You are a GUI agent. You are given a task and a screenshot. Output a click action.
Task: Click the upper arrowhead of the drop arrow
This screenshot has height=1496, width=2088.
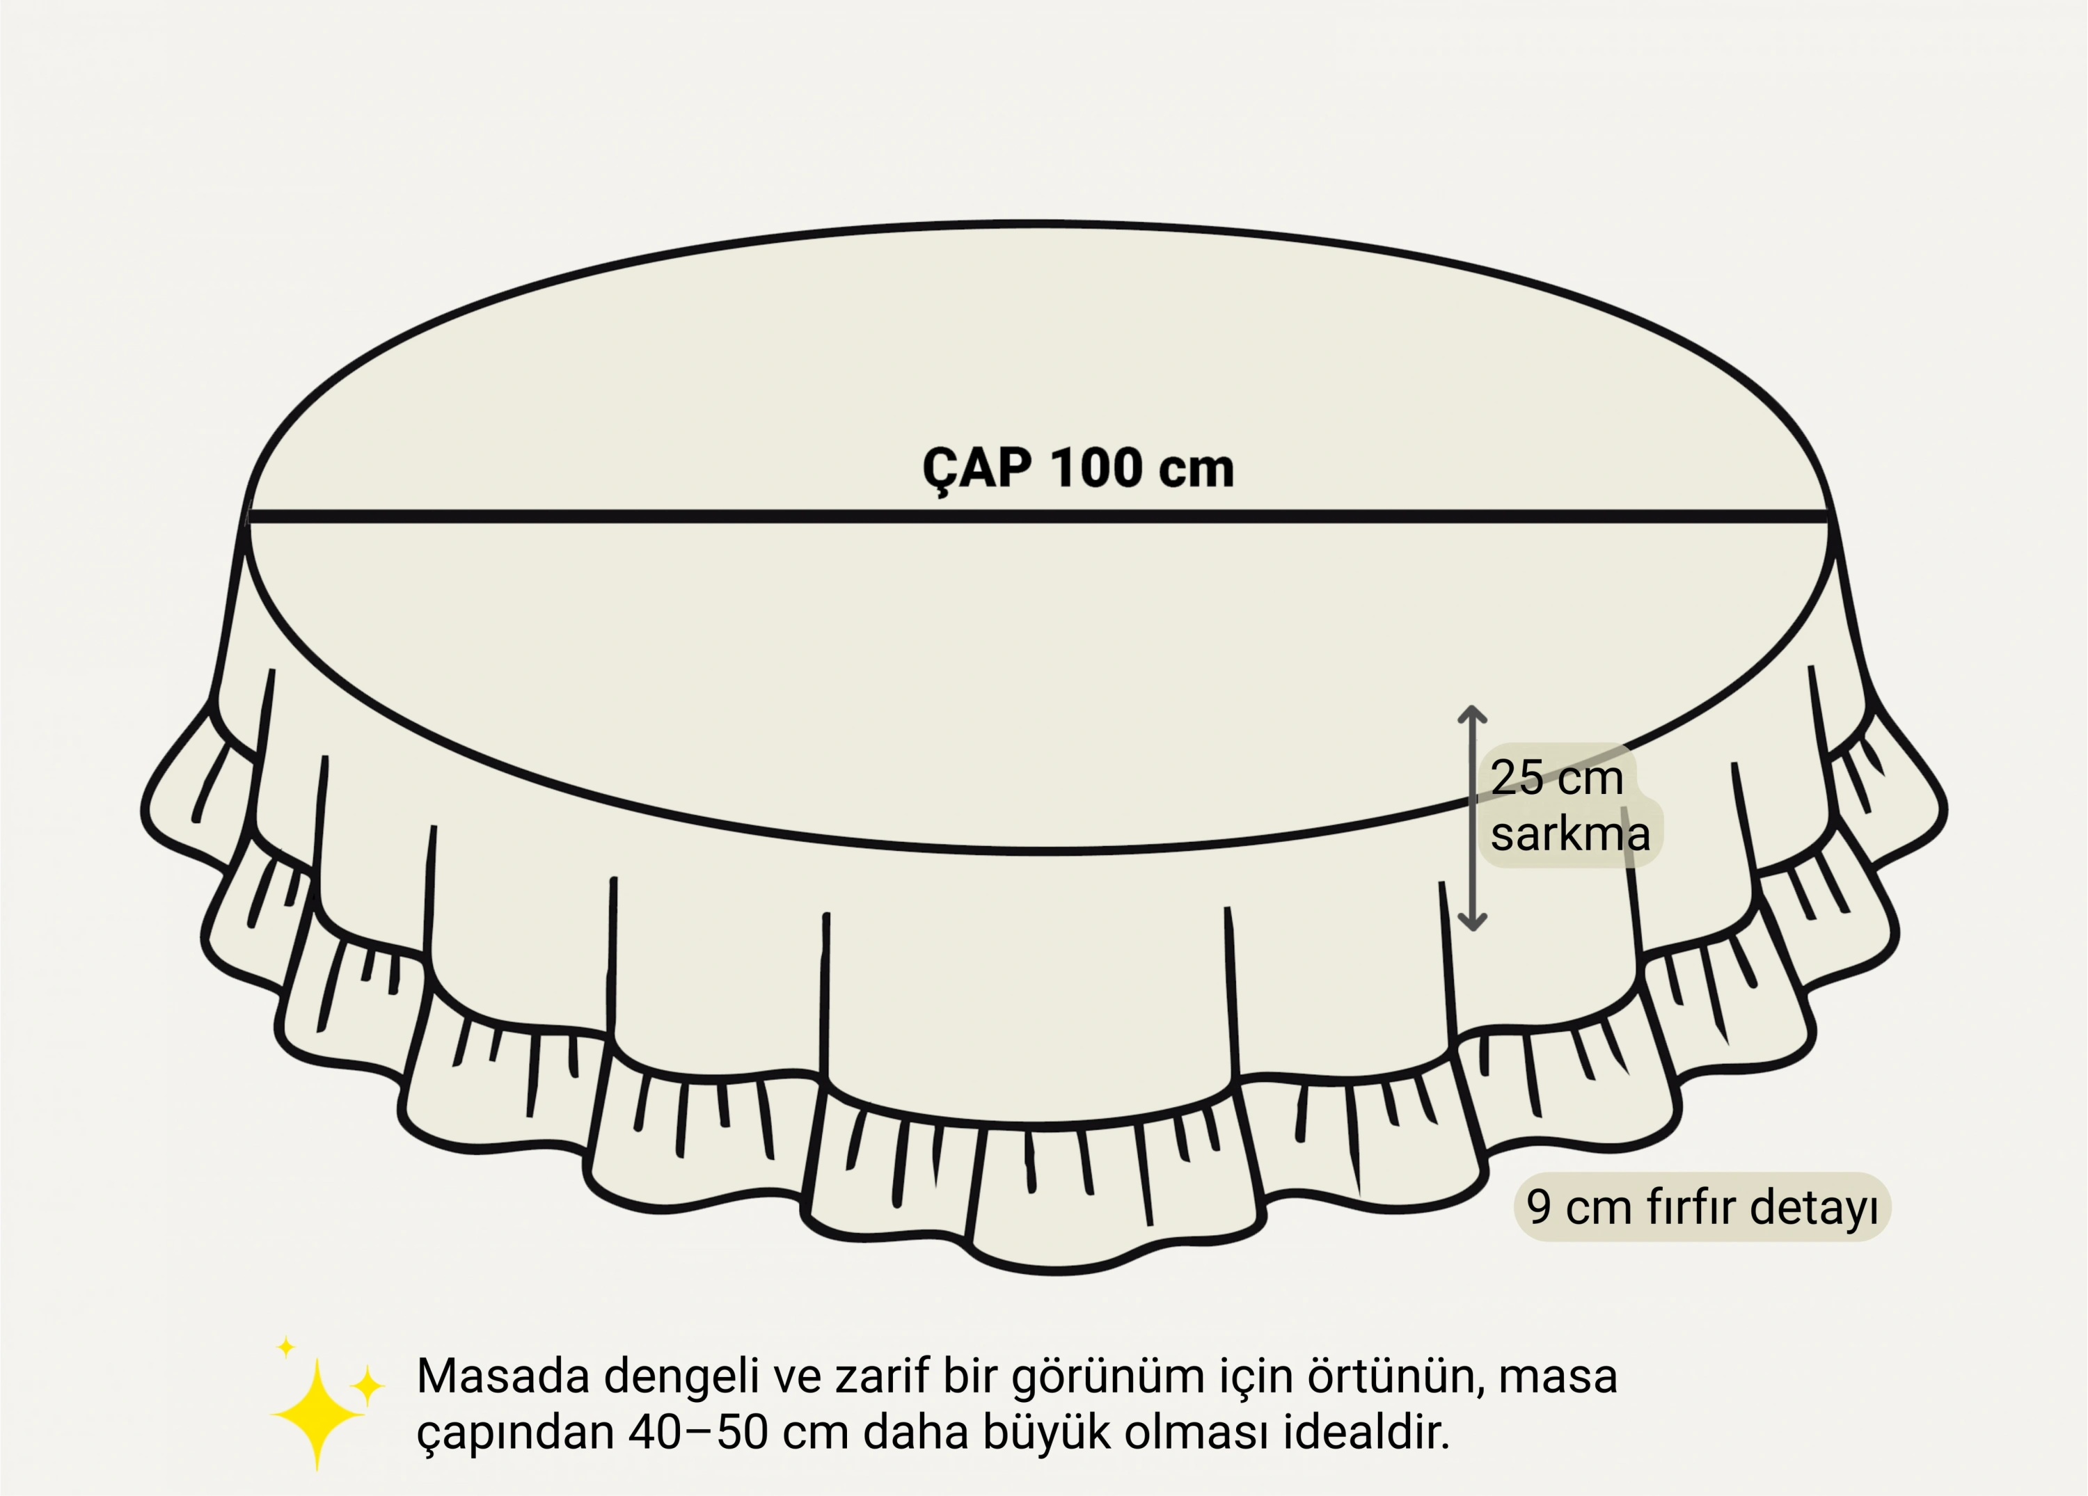click(1472, 713)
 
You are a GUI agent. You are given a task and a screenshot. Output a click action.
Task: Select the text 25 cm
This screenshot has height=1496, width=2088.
click(1556, 779)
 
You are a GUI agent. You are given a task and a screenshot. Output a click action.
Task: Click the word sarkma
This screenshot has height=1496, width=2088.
click(1569, 835)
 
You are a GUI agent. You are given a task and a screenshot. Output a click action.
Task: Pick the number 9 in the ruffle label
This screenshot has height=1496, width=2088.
click(1538, 1208)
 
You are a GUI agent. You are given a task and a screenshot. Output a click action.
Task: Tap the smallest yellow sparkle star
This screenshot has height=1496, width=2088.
click(286, 1347)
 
